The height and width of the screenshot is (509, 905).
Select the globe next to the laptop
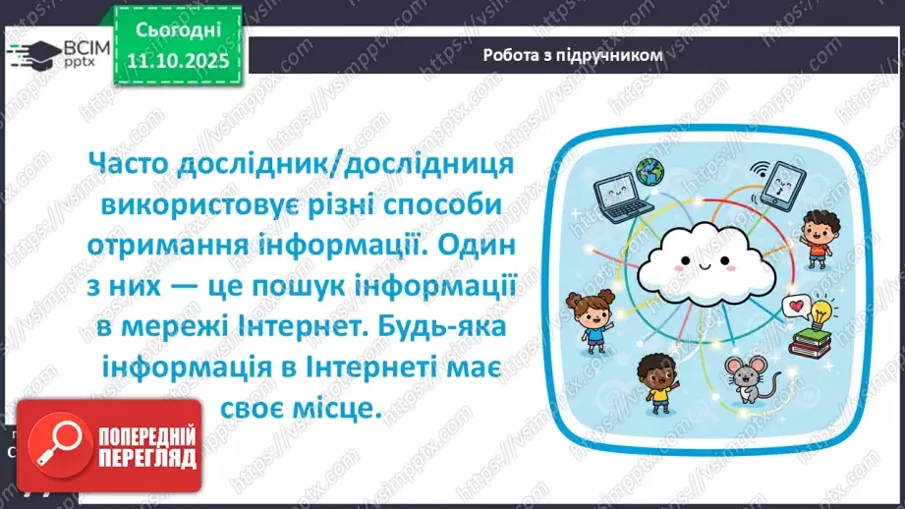point(649,172)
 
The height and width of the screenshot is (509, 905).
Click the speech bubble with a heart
point(793,307)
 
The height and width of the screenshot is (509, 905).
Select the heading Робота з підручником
point(572,55)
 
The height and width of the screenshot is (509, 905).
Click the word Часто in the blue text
point(132,162)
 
